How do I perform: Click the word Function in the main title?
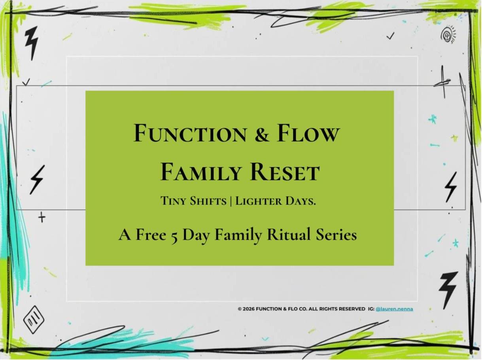tap(190, 133)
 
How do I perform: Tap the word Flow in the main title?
tap(308, 133)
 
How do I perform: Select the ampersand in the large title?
tap(261, 134)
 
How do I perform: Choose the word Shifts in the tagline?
tap(208, 201)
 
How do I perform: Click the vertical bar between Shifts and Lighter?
tap(231, 201)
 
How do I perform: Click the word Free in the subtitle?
tap(151, 235)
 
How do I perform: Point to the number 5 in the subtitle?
tap(174, 237)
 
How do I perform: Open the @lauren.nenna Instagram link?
tap(394, 309)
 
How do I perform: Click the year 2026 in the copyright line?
tap(249, 309)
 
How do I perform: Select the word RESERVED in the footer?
tap(352, 309)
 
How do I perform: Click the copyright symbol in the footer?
tap(240, 309)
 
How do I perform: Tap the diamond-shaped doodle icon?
tap(34, 320)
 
